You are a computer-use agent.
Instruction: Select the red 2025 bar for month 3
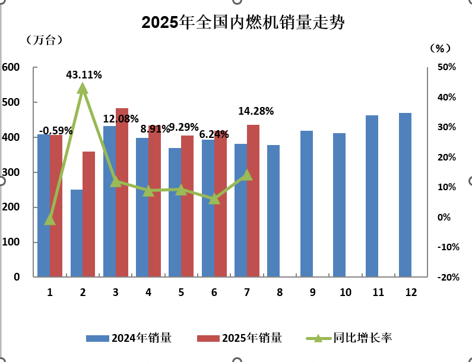(122, 193)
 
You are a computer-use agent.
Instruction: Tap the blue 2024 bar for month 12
(405, 195)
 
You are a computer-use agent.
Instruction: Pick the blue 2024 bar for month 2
(77, 233)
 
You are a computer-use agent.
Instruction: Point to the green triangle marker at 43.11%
(83, 89)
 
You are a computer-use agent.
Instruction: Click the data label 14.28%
(256, 111)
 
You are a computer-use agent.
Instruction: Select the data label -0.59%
(56, 130)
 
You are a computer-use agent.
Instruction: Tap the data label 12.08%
(121, 119)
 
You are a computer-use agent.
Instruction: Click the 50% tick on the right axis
(446, 67)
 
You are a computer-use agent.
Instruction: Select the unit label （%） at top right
(440, 48)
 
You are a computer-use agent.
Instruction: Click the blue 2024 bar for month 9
(306, 204)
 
